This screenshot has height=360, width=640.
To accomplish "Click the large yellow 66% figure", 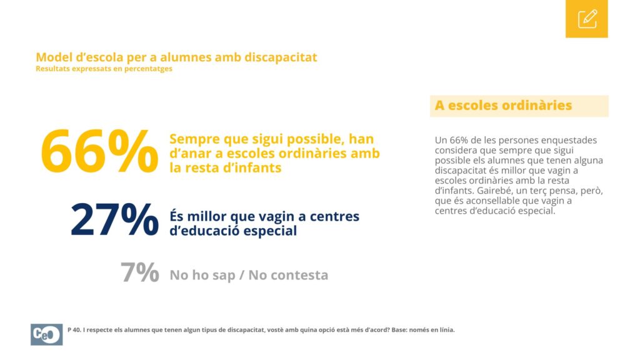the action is (99, 151).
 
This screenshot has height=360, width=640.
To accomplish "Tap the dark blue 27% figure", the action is (115, 220).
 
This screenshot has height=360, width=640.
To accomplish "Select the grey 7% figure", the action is (139, 272).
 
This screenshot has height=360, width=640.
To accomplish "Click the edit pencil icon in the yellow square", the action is (587, 19).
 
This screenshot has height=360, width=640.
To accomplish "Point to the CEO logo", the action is (46, 334).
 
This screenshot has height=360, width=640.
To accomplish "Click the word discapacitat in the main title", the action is (281, 57).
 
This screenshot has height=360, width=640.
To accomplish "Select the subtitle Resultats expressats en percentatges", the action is (104, 69).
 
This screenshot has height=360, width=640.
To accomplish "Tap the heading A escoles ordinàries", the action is (503, 105).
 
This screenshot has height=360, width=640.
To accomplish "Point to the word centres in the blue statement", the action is (335, 216).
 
